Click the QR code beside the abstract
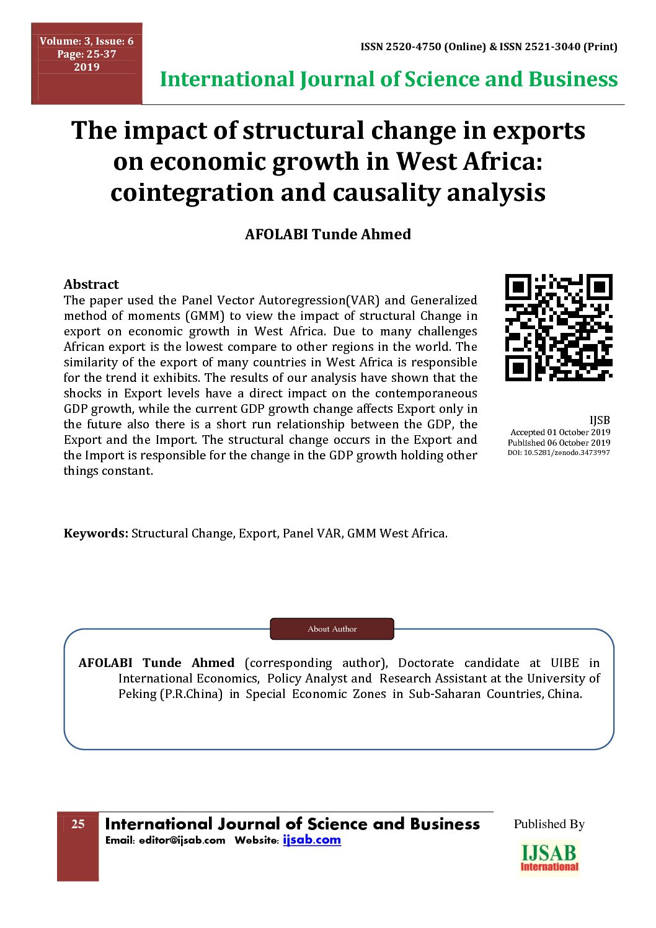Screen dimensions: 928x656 click(x=559, y=327)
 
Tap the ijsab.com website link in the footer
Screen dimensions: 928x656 click(x=312, y=840)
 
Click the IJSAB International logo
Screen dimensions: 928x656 click(x=549, y=859)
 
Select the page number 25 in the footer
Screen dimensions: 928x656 click(x=78, y=824)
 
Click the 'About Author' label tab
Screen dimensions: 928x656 click(x=332, y=629)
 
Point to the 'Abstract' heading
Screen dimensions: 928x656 click(x=91, y=285)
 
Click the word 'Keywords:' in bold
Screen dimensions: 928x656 click(x=95, y=533)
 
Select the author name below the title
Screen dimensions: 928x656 click(x=327, y=234)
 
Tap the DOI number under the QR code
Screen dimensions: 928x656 click(x=559, y=453)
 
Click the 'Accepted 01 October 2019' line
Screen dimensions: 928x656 click(x=560, y=432)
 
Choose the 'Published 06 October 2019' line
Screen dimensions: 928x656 click(x=559, y=443)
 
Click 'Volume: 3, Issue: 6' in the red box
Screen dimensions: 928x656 click(x=86, y=41)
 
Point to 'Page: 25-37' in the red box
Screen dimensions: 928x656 click(x=86, y=54)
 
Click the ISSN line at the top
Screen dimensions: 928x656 click(x=489, y=46)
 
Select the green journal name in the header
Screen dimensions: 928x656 click(x=389, y=79)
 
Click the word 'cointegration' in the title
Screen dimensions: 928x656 click(x=192, y=192)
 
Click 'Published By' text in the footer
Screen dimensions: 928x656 click(x=549, y=824)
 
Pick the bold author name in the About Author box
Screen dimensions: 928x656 click(x=156, y=663)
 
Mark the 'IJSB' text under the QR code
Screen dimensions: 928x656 click(x=599, y=420)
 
